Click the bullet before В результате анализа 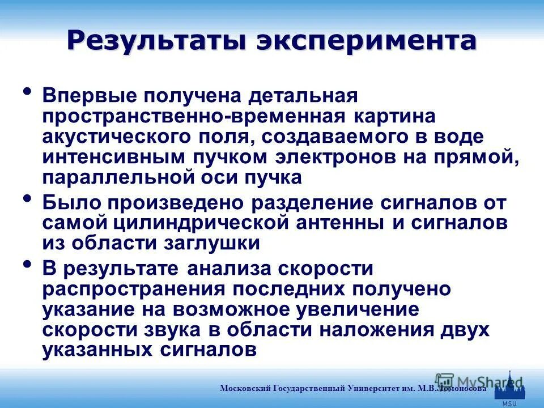click(x=27, y=264)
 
